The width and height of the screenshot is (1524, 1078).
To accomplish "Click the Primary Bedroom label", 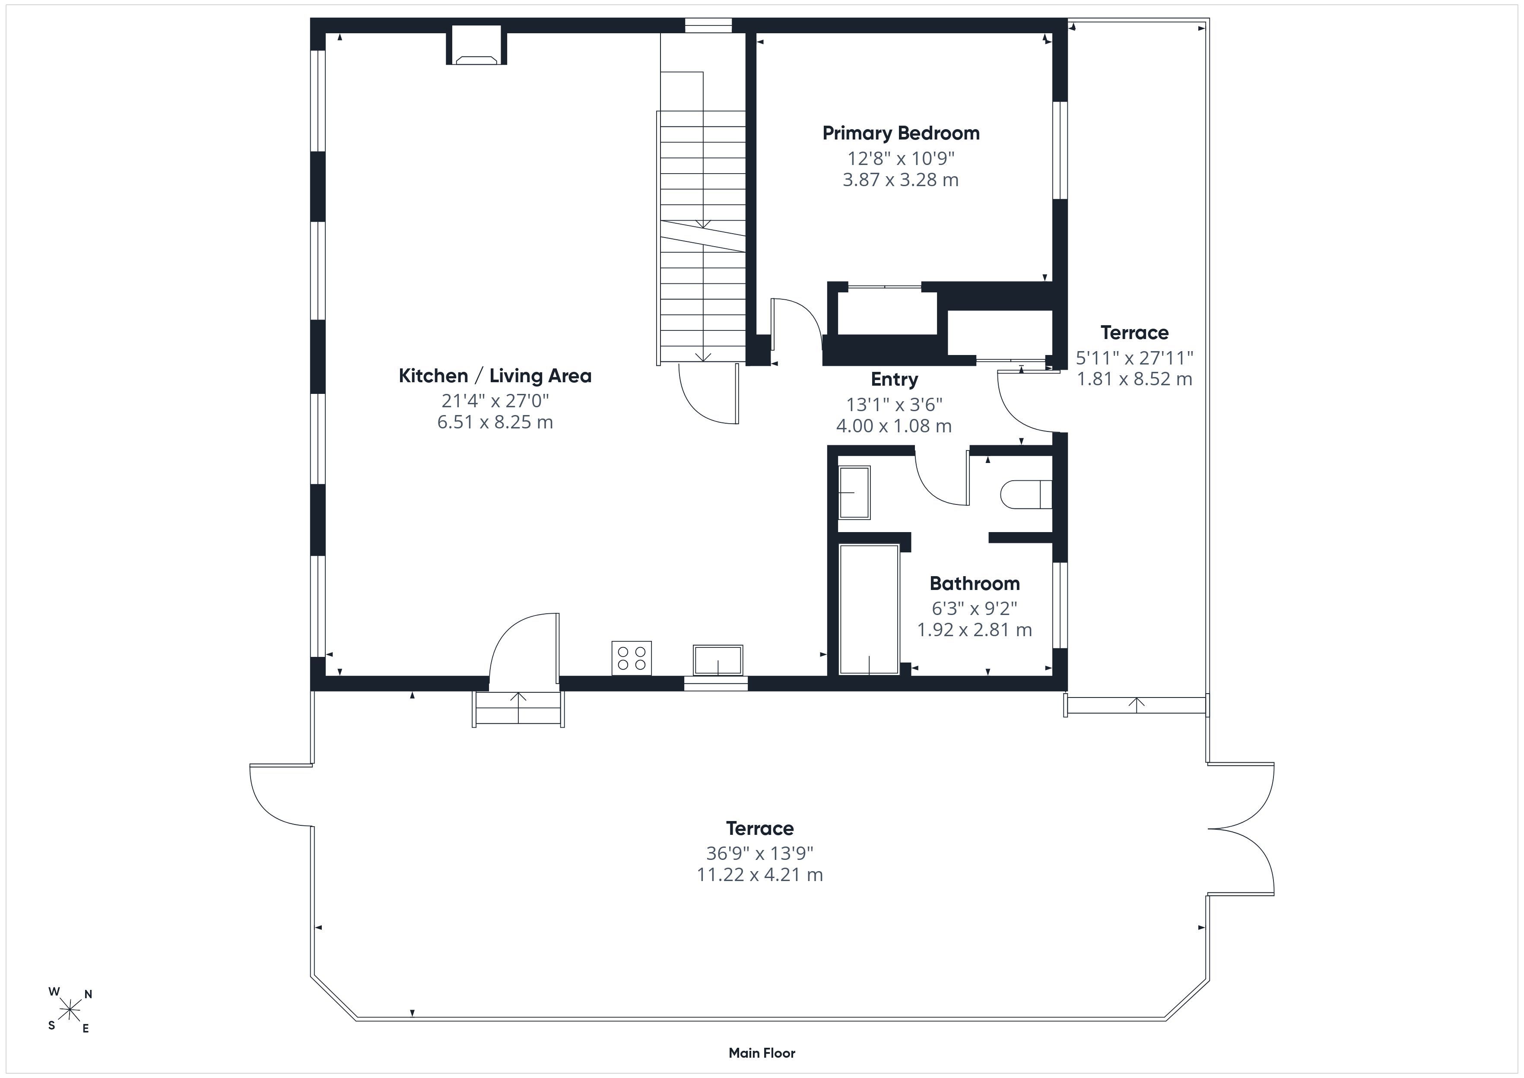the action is coord(901,133).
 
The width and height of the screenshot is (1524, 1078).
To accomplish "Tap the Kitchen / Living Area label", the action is coord(495,376).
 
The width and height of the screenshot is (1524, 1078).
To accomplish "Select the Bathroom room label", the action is coord(975,583).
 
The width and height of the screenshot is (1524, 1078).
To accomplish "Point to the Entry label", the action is coord(894,380).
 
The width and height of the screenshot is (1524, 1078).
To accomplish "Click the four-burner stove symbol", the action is coord(631,658).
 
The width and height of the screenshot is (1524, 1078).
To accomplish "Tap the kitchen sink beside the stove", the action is coord(718,660).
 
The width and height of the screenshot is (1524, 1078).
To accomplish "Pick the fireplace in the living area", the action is coord(476,45).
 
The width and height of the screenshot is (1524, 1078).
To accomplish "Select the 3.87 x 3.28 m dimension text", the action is coord(901,180).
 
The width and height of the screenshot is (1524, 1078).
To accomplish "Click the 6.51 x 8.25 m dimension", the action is coord(495,422).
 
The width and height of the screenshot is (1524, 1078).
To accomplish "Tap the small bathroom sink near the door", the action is coord(854,492).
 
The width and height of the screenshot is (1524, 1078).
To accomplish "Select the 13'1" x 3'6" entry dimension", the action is coord(894,404).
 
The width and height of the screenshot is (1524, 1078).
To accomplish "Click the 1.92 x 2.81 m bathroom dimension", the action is coord(975,629).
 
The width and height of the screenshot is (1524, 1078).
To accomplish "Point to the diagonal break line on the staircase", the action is coord(702,236).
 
